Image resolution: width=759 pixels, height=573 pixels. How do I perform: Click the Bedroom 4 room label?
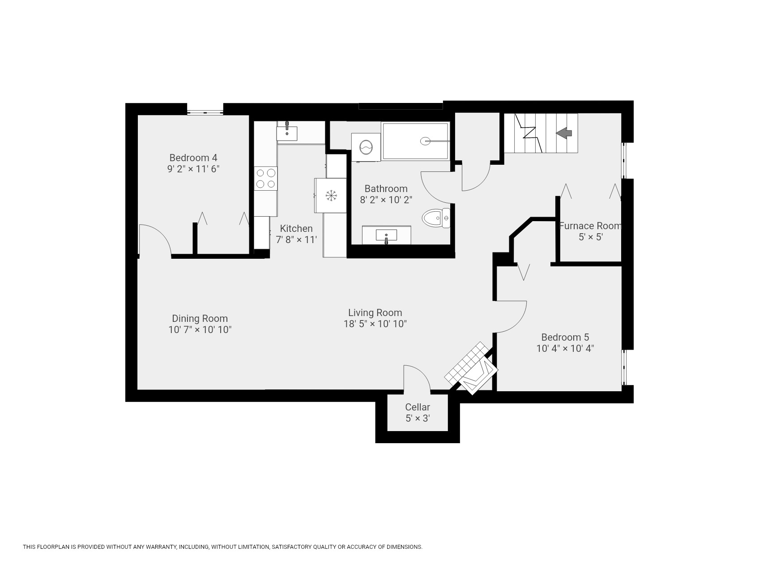[193, 158]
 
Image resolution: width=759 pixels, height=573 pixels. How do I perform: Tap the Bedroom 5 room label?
[565, 337]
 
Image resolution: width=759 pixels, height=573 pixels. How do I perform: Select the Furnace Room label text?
[590, 226]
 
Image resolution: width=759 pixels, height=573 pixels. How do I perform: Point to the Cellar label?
[418, 407]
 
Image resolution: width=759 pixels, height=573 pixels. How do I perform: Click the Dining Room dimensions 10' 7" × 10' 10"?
[200, 330]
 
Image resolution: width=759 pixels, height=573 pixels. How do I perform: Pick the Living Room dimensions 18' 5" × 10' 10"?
[375, 324]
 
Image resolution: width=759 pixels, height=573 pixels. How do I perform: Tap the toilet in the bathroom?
[436, 218]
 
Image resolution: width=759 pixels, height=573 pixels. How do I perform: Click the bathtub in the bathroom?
[415, 141]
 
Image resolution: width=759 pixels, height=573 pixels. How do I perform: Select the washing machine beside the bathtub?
[366, 147]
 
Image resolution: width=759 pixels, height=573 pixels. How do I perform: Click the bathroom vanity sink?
[386, 235]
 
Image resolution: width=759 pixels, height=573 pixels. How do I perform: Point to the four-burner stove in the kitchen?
[266, 178]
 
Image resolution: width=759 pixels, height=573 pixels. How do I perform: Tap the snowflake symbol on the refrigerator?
[331, 195]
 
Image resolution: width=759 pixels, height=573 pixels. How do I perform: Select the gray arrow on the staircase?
[564, 133]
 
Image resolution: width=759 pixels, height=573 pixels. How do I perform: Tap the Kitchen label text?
[296, 229]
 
